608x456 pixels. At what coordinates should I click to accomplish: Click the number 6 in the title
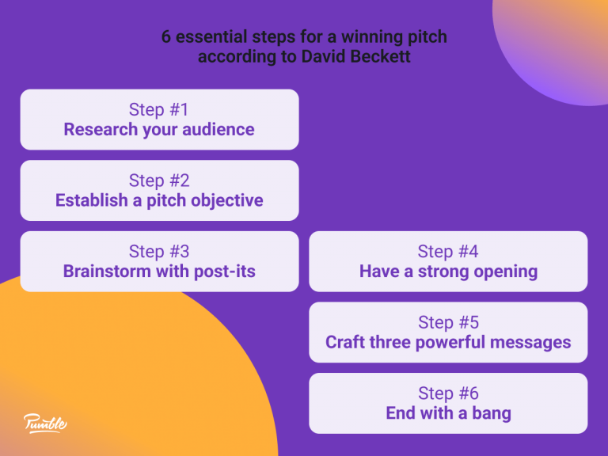point(166,37)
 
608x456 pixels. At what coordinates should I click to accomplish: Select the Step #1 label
point(159,109)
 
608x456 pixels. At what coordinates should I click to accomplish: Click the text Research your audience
point(159,129)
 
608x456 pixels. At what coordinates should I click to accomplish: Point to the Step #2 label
point(159,180)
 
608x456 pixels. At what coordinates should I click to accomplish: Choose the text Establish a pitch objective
point(159,200)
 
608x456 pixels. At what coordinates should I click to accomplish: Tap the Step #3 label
point(159,252)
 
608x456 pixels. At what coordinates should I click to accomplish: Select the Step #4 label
point(448,252)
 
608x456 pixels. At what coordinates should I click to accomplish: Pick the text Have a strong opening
point(448,272)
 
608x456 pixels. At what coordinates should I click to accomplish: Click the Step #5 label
point(448,323)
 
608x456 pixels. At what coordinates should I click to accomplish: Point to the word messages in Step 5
point(530,343)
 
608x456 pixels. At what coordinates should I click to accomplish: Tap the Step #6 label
point(448,393)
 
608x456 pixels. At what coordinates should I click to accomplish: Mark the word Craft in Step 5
point(345,343)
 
